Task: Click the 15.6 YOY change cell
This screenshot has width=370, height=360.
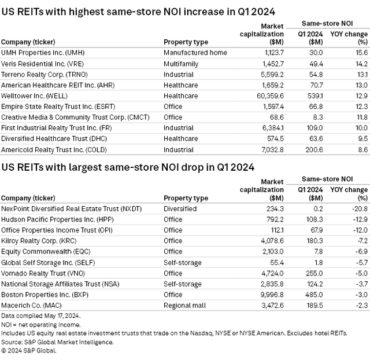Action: [x=360, y=53]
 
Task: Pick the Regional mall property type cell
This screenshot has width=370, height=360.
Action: [x=186, y=304]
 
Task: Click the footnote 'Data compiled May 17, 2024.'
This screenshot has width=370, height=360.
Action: [x=40, y=316]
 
